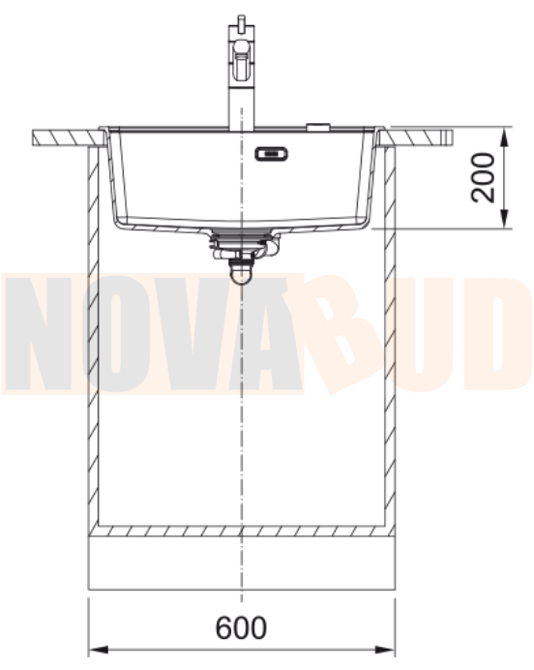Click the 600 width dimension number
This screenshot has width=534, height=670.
(x=241, y=627)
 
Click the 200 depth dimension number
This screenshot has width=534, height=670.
(x=483, y=177)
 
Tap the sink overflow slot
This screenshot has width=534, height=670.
(x=271, y=153)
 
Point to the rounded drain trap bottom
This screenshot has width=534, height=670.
(x=241, y=274)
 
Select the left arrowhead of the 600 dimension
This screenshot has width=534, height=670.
(x=99, y=650)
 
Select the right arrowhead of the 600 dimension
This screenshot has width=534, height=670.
(x=384, y=650)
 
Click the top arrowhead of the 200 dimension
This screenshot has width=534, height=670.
(x=505, y=137)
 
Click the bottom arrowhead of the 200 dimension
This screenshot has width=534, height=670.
(x=505, y=219)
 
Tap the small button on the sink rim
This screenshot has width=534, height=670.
(x=318, y=126)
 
